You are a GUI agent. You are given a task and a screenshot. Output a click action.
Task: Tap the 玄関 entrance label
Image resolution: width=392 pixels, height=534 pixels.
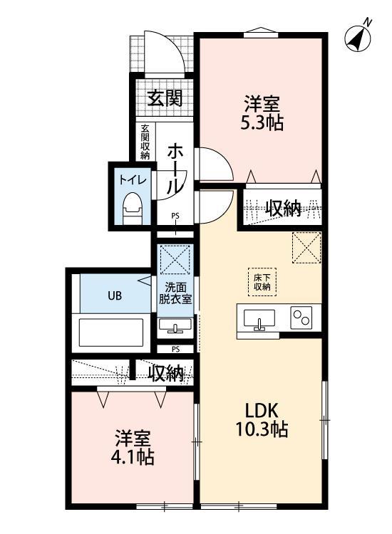click(165, 98)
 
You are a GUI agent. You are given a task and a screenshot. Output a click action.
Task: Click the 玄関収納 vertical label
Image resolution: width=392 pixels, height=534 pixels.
click(145, 142)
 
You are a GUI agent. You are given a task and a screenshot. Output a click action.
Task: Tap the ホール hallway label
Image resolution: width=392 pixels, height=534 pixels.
click(174, 168)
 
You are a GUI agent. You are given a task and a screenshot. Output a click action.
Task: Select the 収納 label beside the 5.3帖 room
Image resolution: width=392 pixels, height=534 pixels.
click(282, 208)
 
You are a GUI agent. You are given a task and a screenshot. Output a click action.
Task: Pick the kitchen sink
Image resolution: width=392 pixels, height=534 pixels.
click(258, 320)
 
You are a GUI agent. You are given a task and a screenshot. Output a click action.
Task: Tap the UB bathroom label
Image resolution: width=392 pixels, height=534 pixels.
click(113, 294)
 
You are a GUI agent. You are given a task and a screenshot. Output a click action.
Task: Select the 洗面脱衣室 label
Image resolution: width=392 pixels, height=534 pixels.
click(175, 293)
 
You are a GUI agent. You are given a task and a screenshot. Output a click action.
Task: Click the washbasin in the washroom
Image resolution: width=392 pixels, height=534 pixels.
click(175, 327)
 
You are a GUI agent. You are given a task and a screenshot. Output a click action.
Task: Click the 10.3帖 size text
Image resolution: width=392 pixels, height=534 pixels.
click(262, 431)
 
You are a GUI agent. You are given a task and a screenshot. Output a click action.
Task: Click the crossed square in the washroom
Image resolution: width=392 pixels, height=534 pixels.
click(175, 258)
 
